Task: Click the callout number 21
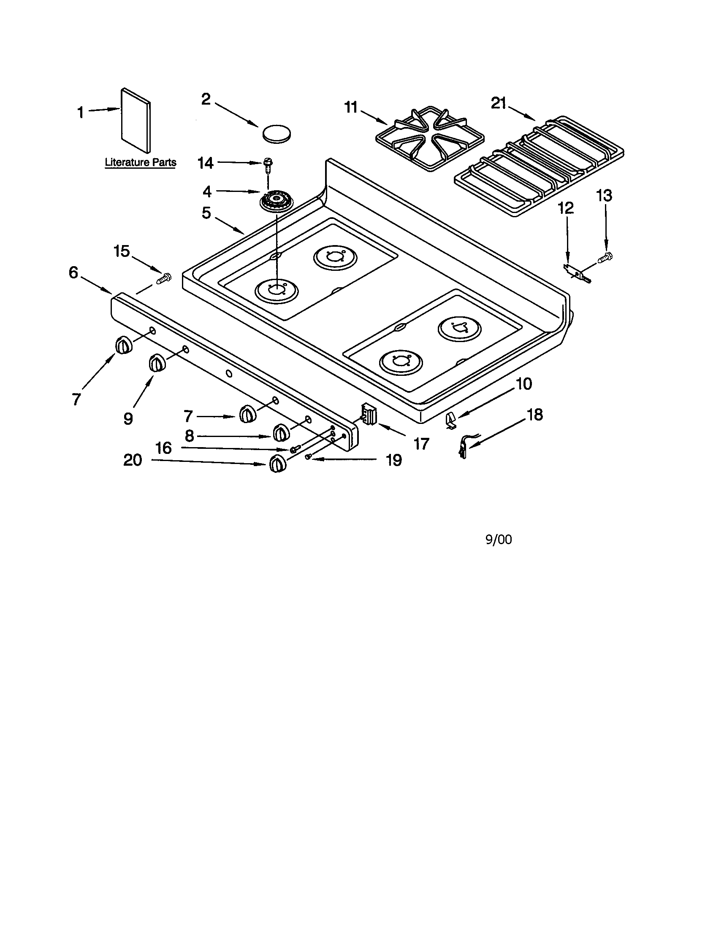499,103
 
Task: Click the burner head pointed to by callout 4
277,200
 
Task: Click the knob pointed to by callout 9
156,364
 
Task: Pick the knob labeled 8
280,432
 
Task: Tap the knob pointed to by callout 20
277,464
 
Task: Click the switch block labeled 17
369,414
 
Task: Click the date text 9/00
499,540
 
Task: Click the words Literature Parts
140,162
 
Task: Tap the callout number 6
73,273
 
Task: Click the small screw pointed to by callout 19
309,456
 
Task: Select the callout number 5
206,213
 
